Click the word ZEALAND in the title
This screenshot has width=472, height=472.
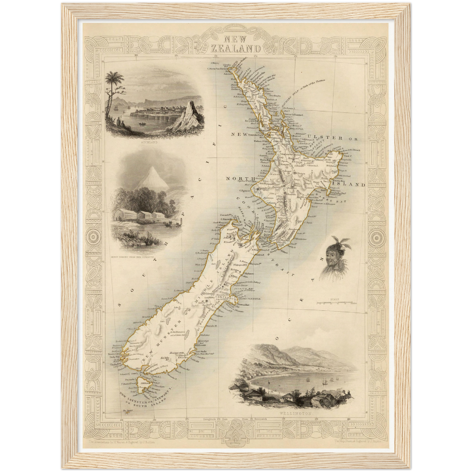click(x=236, y=49)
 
